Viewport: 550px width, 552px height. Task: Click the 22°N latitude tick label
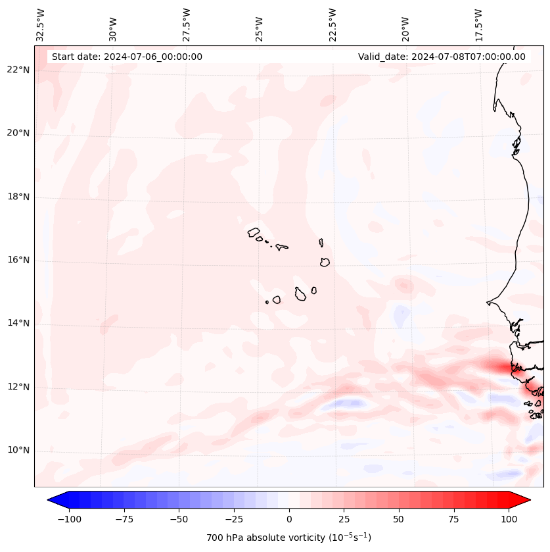pyautogui.click(x=18, y=70)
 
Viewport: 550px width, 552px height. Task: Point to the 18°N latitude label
pyautogui.click(x=18, y=197)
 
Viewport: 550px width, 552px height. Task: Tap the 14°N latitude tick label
pyautogui.click(x=18, y=323)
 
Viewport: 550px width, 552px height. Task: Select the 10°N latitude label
pyautogui.click(x=18, y=450)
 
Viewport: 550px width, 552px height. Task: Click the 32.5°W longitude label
pyautogui.click(x=41, y=25)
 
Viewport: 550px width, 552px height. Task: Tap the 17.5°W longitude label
pyautogui.click(x=478, y=25)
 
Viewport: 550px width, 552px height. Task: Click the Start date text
pyautogui.click(x=127, y=57)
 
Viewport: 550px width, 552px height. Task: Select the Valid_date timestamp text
pyautogui.click(x=442, y=57)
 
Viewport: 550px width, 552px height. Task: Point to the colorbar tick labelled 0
pyautogui.click(x=289, y=519)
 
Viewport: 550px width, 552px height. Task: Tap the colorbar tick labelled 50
pyautogui.click(x=399, y=519)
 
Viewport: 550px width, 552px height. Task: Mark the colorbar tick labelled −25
pyautogui.click(x=234, y=519)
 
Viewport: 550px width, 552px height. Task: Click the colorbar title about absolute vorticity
pyautogui.click(x=288, y=538)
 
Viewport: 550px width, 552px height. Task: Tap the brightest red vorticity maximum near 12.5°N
pyautogui.click(x=503, y=367)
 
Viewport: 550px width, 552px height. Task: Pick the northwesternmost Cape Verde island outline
pyautogui.click(x=254, y=232)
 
